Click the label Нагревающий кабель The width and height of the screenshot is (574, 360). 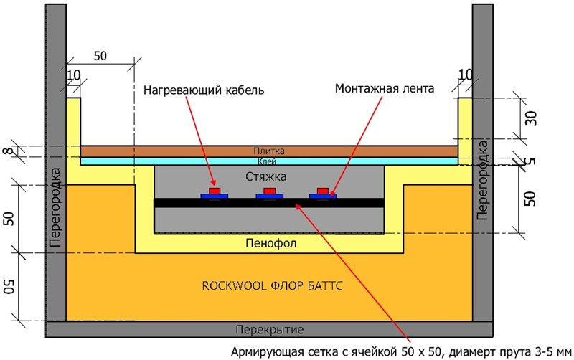[204, 90]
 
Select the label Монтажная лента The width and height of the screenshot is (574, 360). [385, 88]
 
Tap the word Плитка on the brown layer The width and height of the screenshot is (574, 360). [269, 151]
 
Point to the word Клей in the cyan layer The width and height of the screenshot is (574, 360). [267, 161]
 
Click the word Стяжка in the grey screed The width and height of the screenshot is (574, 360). [265, 176]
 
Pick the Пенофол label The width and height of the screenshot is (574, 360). [271, 243]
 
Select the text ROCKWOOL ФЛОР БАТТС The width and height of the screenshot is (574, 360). [273, 285]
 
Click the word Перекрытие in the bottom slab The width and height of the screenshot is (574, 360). [270, 330]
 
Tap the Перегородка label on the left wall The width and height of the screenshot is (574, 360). [55, 207]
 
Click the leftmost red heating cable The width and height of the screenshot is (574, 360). [214, 191]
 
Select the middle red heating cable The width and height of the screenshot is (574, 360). [270, 191]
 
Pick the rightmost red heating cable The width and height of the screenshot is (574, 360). [323, 191]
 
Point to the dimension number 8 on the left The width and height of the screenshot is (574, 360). [11, 151]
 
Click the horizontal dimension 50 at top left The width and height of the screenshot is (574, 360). [100, 56]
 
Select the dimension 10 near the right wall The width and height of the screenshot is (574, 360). [465, 75]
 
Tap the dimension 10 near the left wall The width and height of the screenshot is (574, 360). [74, 75]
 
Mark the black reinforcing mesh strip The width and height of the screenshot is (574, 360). [269, 203]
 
